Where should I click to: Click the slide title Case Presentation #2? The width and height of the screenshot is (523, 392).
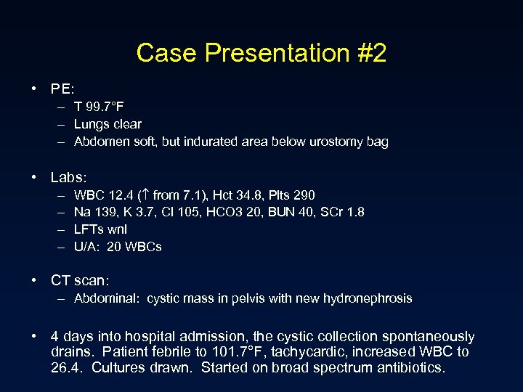pyautogui.click(x=261, y=53)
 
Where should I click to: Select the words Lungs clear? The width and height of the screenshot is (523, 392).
pyautogui.click(x=108, y=125)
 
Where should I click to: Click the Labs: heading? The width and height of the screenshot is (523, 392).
pyautogui.click(x=69, y=177)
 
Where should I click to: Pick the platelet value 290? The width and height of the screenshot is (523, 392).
pyautogui.click(x=304, y=195)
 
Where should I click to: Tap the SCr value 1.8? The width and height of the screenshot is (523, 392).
pyautogui.click(x=355, y=213)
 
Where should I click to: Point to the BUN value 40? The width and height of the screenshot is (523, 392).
pyautogui.click(x=305, y=213)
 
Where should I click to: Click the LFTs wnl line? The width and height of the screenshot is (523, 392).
pyautogui.click(x=100, y=229)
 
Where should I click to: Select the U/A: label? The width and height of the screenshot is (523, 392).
pyautogui.click(x=87, y=247)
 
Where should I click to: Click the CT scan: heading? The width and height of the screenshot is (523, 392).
pyautogui.click(x=79, y=280)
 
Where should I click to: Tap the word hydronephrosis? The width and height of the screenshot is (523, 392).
pyautogui.click(x=368, y=298)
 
